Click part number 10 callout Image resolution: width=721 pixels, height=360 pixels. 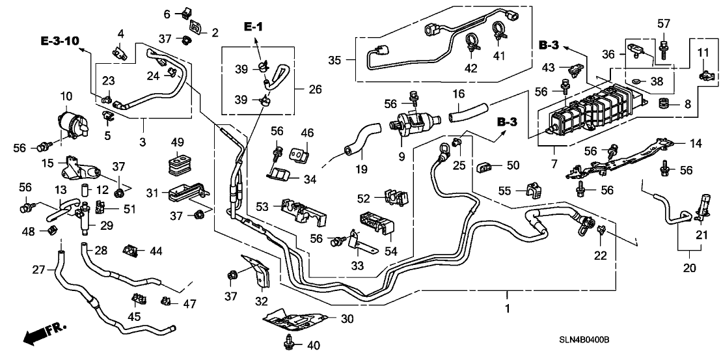coord(67,96)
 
